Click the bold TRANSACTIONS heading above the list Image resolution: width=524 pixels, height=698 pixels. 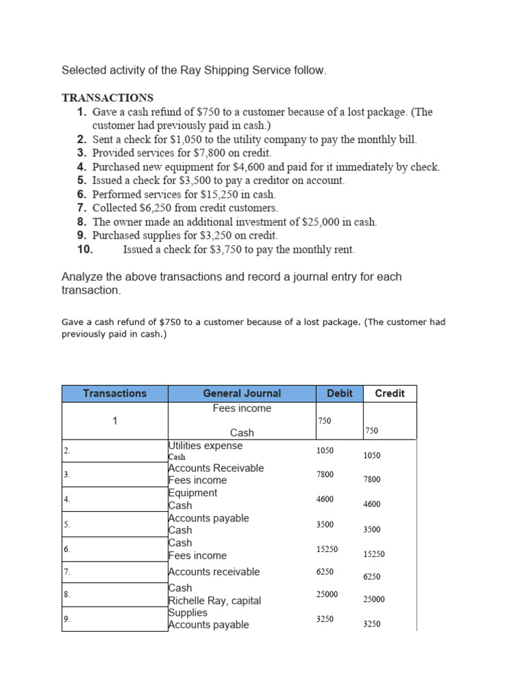pyautogui.click(x=108, y=97)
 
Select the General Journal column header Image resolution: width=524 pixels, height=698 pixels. pyautogui.click(x=242, y=393)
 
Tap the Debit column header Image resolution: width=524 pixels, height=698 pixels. pyautogui.click(x=340, y=393)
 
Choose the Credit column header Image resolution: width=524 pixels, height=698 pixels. pyautogui.click(x=390, y=393)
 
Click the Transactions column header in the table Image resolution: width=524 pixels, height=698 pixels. pyautogui.click(x=115, y=393)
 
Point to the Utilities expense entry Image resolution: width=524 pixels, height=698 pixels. pyautogui.click(x=205, y=446)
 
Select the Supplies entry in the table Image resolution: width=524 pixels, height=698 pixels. pyautogui.click(x=188, y=612)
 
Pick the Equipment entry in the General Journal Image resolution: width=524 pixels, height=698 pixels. pyautogui.click(x=192, y=493)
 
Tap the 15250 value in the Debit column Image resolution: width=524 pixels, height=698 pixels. pyautogui.click(x=327, y=549)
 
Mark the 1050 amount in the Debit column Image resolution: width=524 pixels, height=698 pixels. pyautogui.click(x=325, y=451)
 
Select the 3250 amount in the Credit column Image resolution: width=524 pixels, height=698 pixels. pyautogui.click(x=372, y=624)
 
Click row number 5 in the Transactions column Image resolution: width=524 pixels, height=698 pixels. pyautogui.click(x=67, y=524)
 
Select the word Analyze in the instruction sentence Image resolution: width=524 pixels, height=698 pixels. pyautogui.click(x=81, y=277)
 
